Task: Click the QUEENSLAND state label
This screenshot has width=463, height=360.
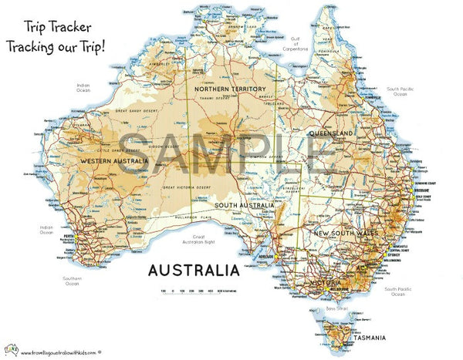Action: coord(332,134)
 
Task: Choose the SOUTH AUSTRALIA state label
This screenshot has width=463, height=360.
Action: coord(245,205)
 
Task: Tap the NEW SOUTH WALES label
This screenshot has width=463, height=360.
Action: coord(343,232)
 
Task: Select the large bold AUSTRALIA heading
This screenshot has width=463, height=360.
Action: coord(192,271)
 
